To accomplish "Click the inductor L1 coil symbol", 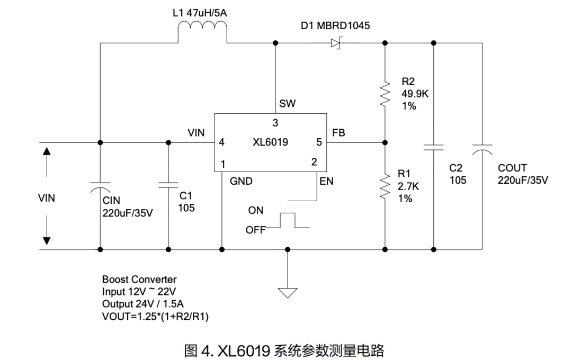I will click(202, 33).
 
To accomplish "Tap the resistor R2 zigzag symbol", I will click(385, 94).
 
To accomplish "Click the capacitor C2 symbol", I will click(434, 147).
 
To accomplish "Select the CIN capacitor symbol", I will click(100, 189).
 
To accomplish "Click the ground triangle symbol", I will click(288, 291).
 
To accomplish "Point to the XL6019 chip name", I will click(270, 142).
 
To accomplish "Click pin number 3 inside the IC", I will click(275, 123).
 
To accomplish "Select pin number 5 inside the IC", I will click(319, 142).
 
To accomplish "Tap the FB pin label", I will click(338, 133).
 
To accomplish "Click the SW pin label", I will click(287, 104).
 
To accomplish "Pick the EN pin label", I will click(326, 181).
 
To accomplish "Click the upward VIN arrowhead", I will click(47, 151).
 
